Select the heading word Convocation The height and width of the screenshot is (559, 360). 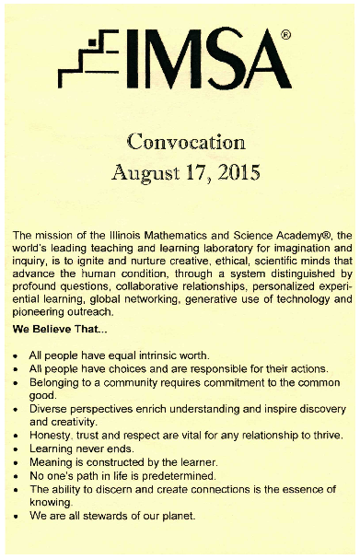[x=185, y=142]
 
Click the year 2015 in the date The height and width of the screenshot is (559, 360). [x=238, y=171]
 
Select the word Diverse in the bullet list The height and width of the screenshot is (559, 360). [x=50, y=408]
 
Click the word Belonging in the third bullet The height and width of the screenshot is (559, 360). [x=58, y=381]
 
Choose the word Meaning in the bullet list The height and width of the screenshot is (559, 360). [x=52, y=461]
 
